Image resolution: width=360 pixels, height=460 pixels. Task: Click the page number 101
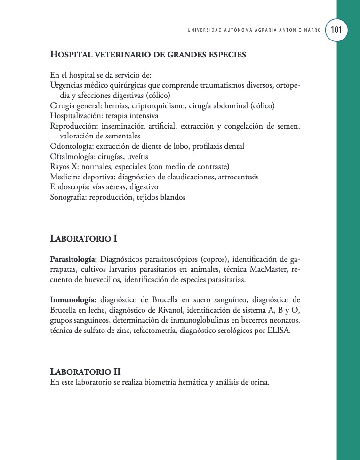[336, 30]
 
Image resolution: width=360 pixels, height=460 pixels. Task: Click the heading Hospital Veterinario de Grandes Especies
[148, 55]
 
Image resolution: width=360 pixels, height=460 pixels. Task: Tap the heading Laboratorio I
[83, 239]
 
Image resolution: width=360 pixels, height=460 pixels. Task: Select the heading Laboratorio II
[85, 371]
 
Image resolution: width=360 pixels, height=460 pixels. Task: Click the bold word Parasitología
[73, 259]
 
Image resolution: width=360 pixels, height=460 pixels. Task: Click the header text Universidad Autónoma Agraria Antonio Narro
[254, 30]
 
